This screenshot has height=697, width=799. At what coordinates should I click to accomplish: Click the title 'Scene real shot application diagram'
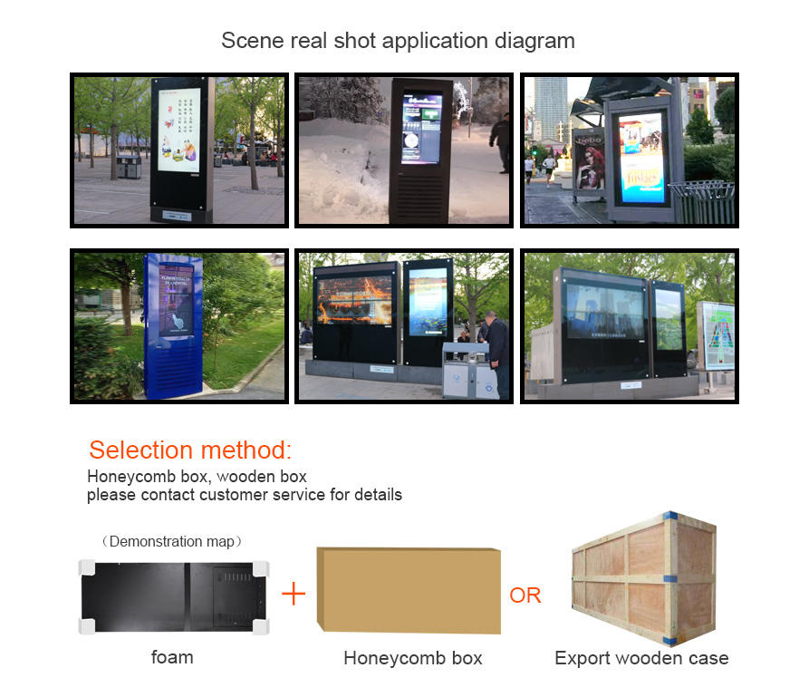point(398,41)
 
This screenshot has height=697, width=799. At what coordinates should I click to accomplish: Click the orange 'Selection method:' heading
point(190,450)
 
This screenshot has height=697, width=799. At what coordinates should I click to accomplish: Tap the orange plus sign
point(294,595)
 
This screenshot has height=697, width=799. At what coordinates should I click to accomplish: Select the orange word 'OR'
point(525,595)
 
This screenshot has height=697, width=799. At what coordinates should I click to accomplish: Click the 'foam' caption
point(172,657)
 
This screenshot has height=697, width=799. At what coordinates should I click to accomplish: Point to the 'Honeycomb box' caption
point(412,658)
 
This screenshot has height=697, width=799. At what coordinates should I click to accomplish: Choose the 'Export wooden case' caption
point(641,658)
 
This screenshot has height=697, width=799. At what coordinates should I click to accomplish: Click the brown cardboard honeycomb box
point(409,590)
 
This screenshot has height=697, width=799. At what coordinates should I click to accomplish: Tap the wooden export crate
point(641,576)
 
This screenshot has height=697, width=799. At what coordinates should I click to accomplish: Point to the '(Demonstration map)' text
point(172,542)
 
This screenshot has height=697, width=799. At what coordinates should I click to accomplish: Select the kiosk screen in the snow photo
point(422,129)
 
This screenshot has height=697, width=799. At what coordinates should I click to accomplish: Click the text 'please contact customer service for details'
point(245,495)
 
